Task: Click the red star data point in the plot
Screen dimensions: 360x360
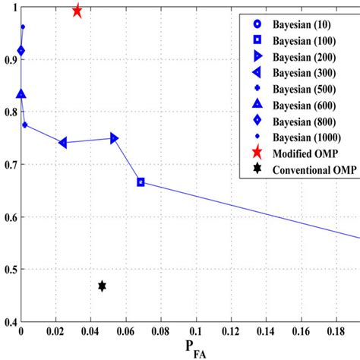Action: coord(77,11)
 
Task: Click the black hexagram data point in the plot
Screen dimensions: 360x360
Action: coord(102,286)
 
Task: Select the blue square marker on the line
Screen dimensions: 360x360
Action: coord(141,182)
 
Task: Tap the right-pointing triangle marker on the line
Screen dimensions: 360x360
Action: coord(115,138)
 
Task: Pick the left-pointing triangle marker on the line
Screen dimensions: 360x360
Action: coord(62,143)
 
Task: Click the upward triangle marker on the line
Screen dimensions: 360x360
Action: coord(21,94)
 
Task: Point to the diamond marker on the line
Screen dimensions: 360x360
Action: coord(21,51)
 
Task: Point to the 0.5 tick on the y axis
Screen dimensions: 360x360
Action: coord(8,270)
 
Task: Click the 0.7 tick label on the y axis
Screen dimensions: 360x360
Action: coord(8,164)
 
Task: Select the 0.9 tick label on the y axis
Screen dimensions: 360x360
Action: coord(8,59)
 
